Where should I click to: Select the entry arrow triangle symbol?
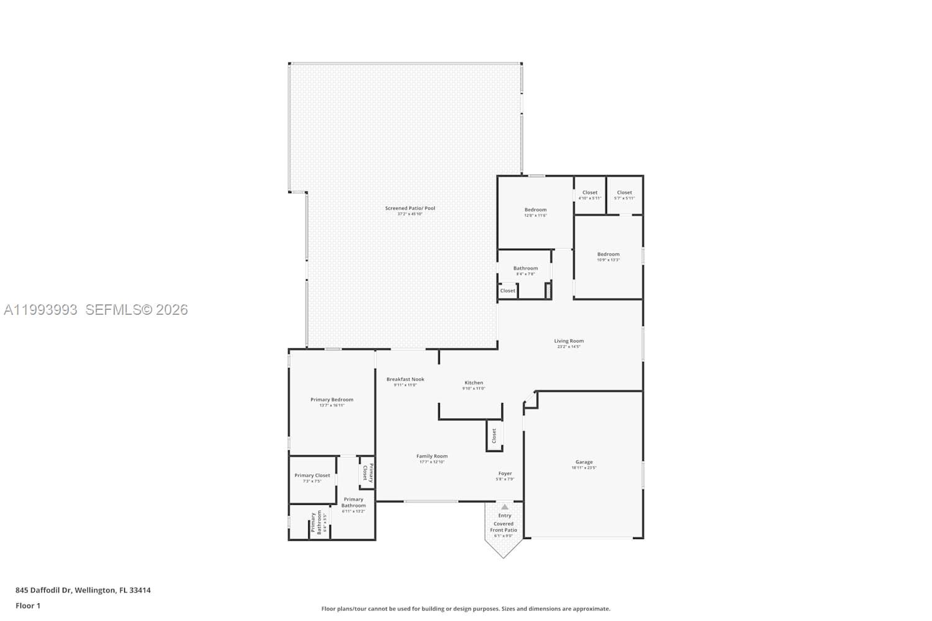(x=505, y=507)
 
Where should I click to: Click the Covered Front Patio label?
(x=503, y=527)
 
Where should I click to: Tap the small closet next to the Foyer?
(x=495, y=435)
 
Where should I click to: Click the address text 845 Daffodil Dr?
(x=83, y=590)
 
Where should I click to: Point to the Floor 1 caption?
(x=28, y=605)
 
